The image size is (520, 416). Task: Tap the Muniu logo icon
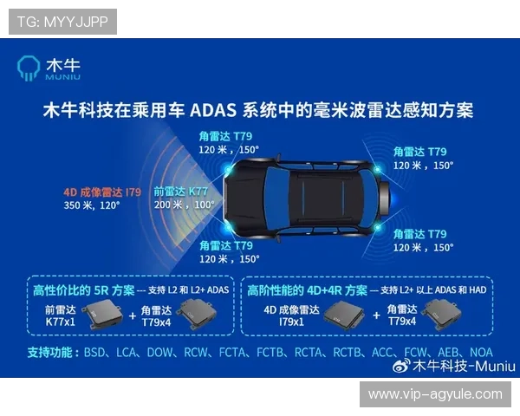click(x=29, y=68)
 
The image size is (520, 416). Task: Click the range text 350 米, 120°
click(x=91, y=206)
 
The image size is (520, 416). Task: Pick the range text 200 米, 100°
click(x=184, y=205)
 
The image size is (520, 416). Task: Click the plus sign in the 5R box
click(x=133, y=316)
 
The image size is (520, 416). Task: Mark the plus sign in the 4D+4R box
click(x=375, y=316)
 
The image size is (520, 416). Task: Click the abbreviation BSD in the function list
click(x=96, y=353)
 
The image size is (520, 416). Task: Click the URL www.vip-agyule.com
click(x=435, y=393)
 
